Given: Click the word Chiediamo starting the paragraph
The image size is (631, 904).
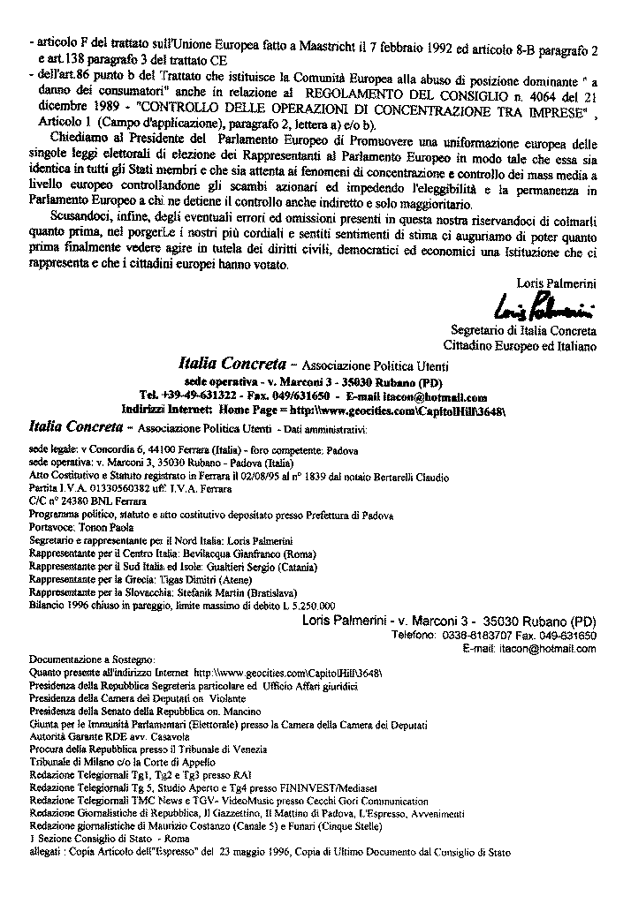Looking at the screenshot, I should click(80, 141).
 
